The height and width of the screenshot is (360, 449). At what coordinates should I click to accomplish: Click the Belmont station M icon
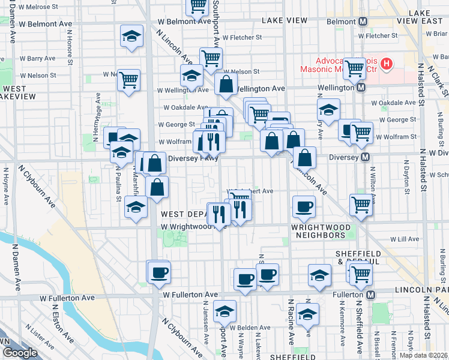tap(363, 22)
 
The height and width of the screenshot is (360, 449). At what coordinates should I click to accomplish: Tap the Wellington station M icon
tap(361, 88)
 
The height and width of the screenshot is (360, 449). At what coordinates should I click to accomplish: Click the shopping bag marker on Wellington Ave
tap(226, 85)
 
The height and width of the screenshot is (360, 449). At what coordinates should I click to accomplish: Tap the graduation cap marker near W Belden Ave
tap(225, 310)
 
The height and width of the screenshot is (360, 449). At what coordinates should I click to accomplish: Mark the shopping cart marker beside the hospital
tap(355, 68)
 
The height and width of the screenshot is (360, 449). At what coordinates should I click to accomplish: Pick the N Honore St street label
tap(70, 51)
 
